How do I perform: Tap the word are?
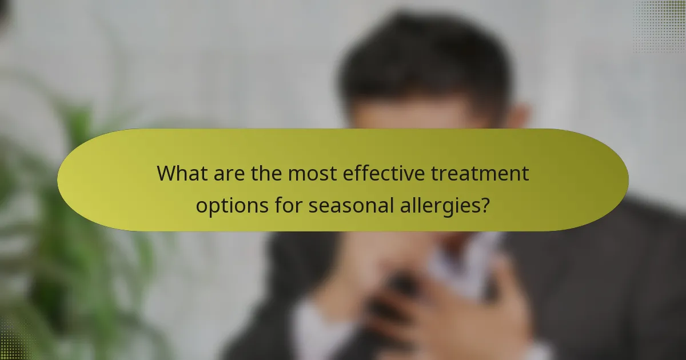point(229,174)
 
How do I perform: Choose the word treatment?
point(481,174)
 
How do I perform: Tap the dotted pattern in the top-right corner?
point(660,26)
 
